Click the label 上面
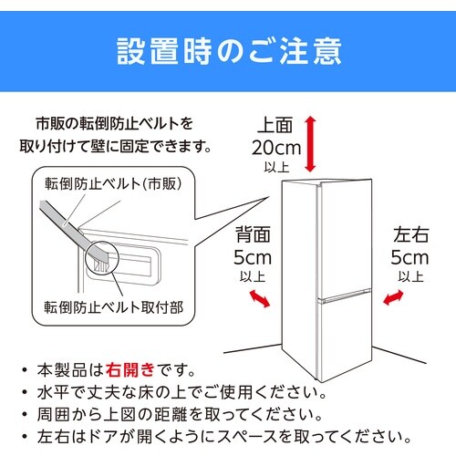(x=275, y=124)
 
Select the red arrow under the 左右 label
(x=395, y=297)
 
